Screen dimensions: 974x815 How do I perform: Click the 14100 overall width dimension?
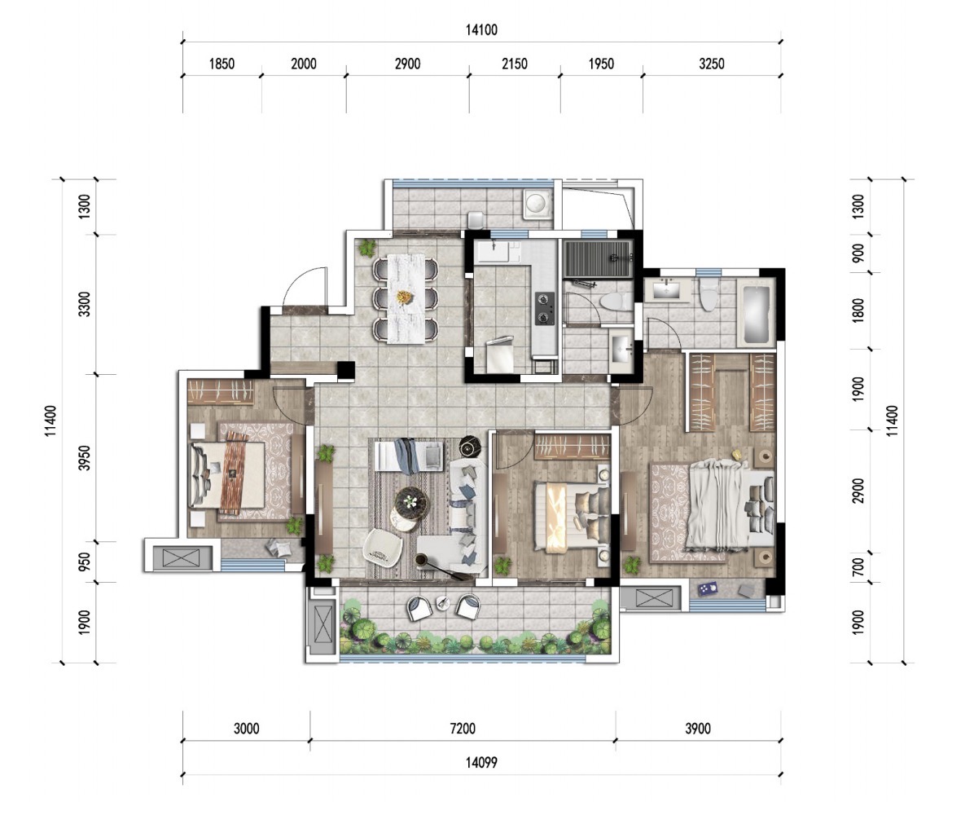tap(481, 30)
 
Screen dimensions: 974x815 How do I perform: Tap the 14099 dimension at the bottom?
tap(481, 762)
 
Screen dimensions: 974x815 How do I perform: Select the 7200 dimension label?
tap(463, 729)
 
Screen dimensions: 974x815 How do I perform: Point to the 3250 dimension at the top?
tap(712, 64)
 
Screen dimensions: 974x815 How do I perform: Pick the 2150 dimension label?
tap(515, 64)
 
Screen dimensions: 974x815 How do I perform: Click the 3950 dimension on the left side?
tap(85, 457)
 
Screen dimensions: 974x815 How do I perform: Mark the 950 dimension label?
tap(85, 562)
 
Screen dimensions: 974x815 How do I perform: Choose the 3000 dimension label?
tap(247, 729)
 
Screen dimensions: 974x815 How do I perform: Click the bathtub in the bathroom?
tap(756, 313)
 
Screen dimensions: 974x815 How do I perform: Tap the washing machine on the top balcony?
tap(537, 203)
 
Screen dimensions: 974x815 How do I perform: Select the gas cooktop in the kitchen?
tap(545, 308)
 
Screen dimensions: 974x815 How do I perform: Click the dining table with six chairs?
tap(406, 297)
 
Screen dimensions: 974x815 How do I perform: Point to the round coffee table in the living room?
tap(410, 500)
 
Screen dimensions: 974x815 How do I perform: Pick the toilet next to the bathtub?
tap(708, 294)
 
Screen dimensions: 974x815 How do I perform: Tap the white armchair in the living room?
tap(383, 547)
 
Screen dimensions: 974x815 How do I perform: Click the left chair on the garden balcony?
tap(420, 606)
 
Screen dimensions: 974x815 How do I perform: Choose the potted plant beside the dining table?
tap(366, 248)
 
